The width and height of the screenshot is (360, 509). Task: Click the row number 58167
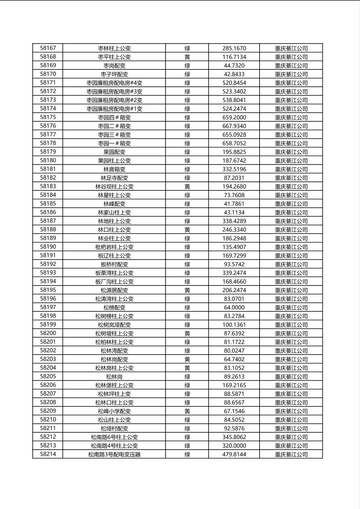point(48,48)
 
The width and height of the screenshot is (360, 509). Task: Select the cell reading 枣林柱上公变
point(114,48)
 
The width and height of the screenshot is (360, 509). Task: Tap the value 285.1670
point(234,48)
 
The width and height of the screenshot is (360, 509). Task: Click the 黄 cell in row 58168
point(187,57)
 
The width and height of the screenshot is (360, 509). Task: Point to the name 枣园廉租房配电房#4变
point(114,83)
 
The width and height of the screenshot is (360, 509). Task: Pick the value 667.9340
point(234,126)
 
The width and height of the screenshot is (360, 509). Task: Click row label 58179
point(48,152)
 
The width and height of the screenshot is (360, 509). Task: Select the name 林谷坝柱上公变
point(114,187)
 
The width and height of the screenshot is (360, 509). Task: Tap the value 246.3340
point(234,230)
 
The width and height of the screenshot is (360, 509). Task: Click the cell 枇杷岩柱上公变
point(114,247)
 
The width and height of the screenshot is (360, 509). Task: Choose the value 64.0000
point(234,308)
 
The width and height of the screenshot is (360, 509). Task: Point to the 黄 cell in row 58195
point(187,290)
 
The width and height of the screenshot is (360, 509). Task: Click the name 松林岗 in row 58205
point(114,377)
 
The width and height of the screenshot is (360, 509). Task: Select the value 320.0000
point(234,446)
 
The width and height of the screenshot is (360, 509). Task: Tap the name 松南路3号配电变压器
point(114,455)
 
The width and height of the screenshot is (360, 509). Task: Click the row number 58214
point(48,454)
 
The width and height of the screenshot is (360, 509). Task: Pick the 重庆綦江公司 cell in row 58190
point(291,247)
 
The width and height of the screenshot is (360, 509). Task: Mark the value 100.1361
point(234,325)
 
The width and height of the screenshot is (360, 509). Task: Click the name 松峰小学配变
point(114,411)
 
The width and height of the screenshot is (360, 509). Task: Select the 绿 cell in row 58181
point(187,169)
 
